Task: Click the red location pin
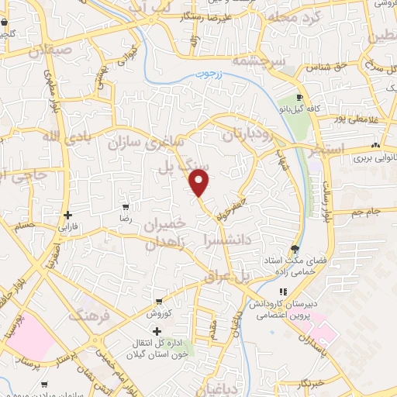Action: point(200,182)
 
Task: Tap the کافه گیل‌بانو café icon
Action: point(300,98)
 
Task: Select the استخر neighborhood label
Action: point(325,150)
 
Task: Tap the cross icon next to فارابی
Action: point(68,215)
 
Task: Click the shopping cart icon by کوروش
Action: point(158,302)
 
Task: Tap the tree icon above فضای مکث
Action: point(294,248)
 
